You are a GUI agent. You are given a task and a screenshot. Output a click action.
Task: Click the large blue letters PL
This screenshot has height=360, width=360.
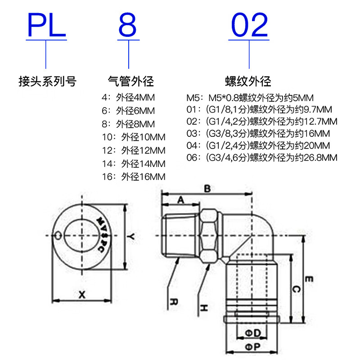point(47,25)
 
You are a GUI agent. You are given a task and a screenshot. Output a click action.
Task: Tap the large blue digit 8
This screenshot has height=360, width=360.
point(128,25)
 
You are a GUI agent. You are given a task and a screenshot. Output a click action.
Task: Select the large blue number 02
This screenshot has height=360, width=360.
point(249,25)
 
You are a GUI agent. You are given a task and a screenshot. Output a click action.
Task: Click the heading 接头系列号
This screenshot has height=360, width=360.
point(47,81)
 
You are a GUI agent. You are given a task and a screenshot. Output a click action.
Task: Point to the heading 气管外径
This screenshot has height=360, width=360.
point(131,81)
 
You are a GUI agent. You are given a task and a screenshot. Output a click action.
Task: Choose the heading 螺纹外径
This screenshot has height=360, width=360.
point(248,81)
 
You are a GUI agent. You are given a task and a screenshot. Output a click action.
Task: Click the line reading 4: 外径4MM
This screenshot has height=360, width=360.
point(128,98)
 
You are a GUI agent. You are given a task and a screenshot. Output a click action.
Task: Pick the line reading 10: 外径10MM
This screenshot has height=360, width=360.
point(134,137)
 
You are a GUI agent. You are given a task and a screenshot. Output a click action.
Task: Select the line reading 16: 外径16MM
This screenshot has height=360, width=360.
point(134,177)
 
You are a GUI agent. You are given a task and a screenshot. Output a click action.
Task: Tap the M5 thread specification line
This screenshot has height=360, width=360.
point(250,98)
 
